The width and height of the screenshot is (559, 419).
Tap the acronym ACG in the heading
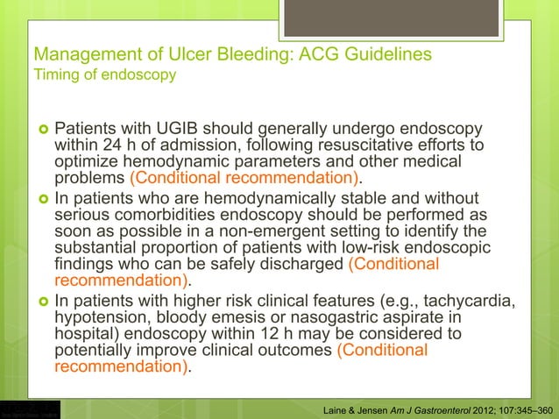click(x=325, y=54)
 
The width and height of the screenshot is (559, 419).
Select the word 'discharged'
click(x=302, y=265)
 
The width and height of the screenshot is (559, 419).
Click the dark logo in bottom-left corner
click(x=30, y=409)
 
